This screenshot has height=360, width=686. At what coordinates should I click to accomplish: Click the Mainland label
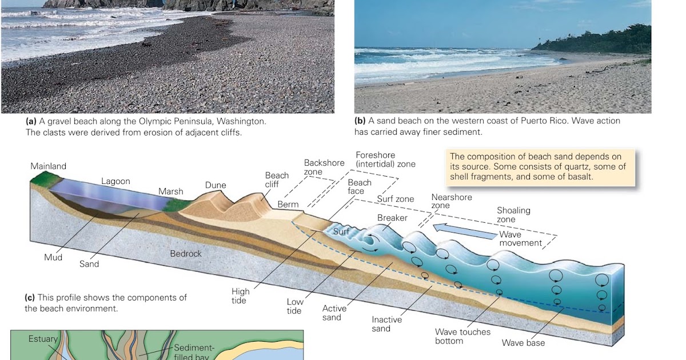[x=49, y=166]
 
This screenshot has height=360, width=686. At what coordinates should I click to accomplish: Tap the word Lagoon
[x=115, y=181]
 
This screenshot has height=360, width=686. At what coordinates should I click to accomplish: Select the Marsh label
[x=171, y=191]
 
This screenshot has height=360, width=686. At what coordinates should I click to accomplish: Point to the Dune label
[x=216, y=185]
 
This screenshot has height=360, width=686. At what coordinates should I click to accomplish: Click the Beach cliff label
[x=277, y=180]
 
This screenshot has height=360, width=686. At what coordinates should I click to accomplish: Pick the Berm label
[x=288, y=205]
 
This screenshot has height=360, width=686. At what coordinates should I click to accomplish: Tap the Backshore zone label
[x=324, y=167]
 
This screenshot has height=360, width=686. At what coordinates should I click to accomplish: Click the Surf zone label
[x=396, y=199]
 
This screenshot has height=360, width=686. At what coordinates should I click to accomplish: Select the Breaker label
[x=392, y=218]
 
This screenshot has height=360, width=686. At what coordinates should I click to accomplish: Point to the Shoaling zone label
[x=513, y=215]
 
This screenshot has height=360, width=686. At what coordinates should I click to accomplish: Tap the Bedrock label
[x=186, y=253]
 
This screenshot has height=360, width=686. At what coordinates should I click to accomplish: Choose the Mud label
[x=53, y=258]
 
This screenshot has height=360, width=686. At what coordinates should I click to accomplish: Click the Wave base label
[x=523, y=343]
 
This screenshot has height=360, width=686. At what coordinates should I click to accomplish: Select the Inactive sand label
[x=387, y=324]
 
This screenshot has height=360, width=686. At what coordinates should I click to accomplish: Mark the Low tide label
[x=294, y=306]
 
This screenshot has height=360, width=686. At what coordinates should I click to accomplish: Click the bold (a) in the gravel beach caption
[x=31, y=122]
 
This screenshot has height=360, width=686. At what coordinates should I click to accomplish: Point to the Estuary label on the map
[x=43, y=339]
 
